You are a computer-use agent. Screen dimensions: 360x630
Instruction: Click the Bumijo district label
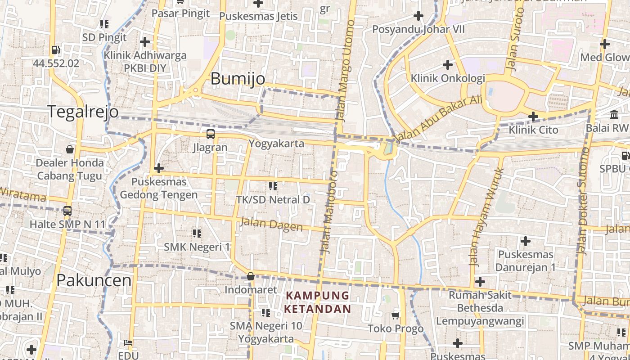point(238,79)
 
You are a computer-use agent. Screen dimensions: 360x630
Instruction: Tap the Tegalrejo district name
point(83,111)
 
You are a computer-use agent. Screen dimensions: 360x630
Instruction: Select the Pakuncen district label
point(94,280)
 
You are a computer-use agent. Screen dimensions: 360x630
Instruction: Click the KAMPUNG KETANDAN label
point(318,302)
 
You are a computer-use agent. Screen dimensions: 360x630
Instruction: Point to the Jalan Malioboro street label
point(328,211)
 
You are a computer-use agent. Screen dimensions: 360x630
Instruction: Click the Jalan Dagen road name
point(271,224)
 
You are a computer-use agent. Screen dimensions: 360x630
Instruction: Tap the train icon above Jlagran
point(210,134)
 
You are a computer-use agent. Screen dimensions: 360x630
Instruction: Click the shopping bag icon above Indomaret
point(251,276)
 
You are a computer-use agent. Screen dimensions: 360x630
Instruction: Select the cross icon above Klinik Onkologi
point(447,64)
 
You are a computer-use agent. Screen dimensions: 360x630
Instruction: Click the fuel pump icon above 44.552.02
point(56,50)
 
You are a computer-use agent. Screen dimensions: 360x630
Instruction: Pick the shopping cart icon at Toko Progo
point(396,315)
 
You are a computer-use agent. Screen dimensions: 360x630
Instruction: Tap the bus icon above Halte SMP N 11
point(67,211)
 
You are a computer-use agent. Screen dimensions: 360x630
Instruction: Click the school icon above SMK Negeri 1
point(197,233)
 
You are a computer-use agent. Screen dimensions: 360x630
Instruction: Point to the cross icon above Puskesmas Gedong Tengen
point(158,168)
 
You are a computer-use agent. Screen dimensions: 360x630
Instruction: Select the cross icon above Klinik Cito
point(533,117)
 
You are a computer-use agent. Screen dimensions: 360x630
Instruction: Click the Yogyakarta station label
point(277,144)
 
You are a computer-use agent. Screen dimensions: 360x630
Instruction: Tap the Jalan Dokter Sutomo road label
point(583,201)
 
